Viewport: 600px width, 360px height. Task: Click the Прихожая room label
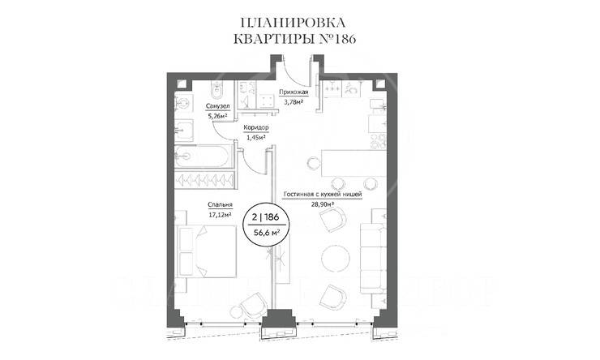(x=293, y=92)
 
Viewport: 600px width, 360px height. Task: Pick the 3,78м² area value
(x=293, y=102)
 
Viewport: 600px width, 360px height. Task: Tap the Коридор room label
(x=256, y=128)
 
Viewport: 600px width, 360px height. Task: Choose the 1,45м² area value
(x=256, y=138)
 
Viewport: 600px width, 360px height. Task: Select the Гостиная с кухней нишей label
(x=321, y=195)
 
